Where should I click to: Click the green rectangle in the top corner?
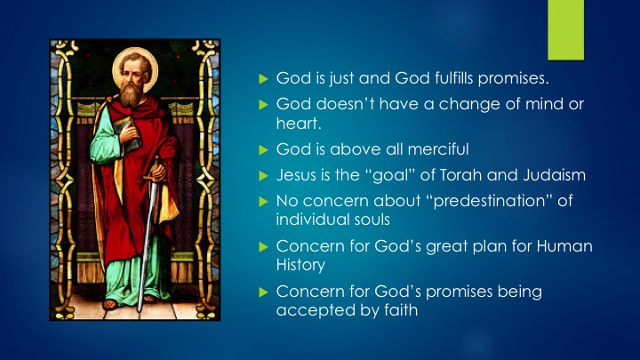coord(565,30)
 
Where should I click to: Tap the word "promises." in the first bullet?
coord(514,79)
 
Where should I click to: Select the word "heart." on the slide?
coord(299,123)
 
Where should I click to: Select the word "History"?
coord(300,265)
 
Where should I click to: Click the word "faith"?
coord(401,310)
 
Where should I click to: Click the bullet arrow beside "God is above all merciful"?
coord(263,150)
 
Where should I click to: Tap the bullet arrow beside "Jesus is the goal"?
coord(263,175)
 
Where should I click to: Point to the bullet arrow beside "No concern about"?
coord(263,202)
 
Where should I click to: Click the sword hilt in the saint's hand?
coord(155,173)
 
